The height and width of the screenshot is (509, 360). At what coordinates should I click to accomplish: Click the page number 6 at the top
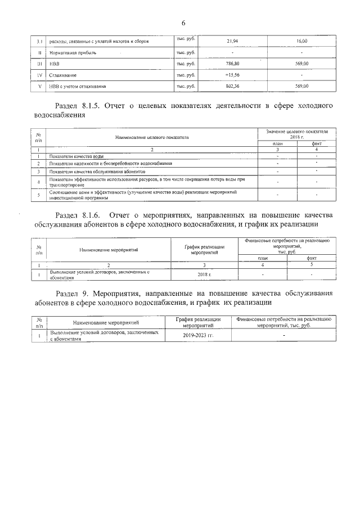[x=183, y=22]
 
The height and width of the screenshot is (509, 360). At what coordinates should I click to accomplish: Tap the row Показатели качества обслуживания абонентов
[x=97, y=171]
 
